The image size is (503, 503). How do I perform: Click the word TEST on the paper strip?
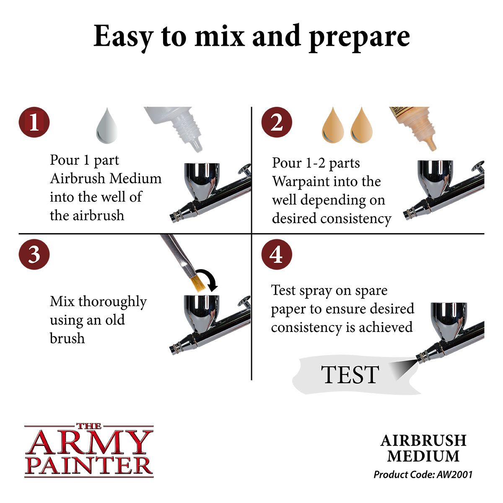[350, 375]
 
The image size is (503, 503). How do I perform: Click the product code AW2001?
[454, 474]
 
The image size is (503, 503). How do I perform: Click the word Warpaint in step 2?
[300, 181]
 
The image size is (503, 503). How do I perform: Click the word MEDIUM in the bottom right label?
[423, 456]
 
